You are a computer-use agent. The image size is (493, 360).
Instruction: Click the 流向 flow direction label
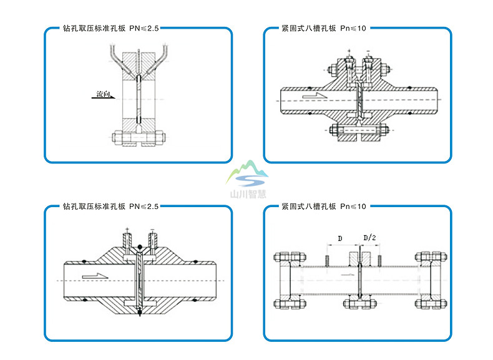(104, 94)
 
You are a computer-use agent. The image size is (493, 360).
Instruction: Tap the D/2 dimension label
(369, 238)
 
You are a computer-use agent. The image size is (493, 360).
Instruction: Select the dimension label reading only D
(340, 238)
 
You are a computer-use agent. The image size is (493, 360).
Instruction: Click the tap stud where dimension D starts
(325, 258)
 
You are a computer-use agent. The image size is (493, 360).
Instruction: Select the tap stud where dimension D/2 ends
(381, 258)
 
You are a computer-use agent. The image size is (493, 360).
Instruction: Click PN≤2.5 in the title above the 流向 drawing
(148, 28)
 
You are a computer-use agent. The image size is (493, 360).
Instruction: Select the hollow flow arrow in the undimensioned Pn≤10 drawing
(313, 95)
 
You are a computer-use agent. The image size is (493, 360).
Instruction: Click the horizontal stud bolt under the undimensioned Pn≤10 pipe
(359, 130)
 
